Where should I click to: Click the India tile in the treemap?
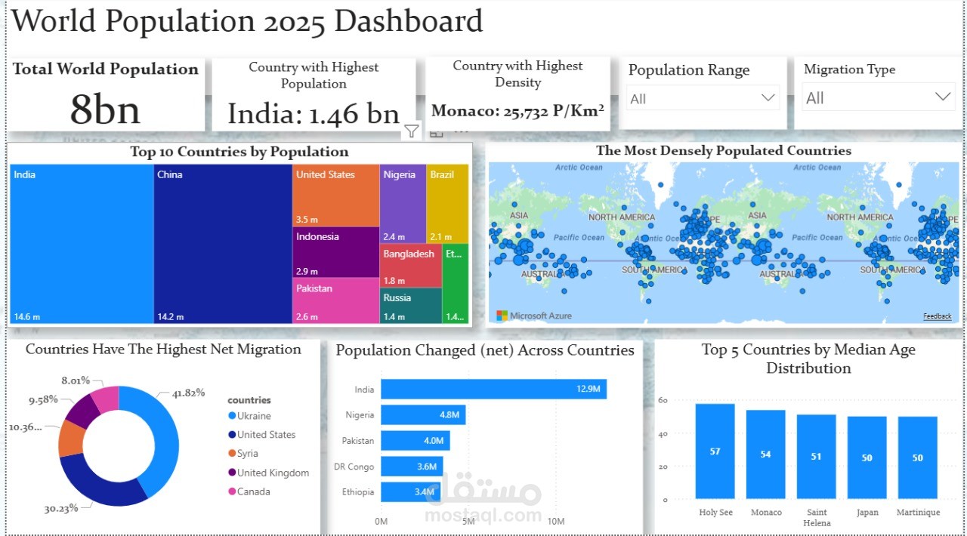(82, 243)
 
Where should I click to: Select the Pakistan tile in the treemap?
(336, 300)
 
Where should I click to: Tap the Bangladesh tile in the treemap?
(411, 266)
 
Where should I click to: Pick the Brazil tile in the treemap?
(446, 202)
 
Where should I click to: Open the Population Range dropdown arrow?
(768, 98)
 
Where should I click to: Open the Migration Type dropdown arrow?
(942, 97)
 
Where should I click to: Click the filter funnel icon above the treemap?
(411, 131)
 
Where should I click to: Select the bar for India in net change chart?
(493, 390)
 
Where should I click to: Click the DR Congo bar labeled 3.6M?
(412, 467)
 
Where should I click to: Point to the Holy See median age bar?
(715, 451)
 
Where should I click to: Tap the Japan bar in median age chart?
(867, 457)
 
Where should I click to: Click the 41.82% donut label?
(188, 393)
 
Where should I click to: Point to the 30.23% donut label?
(61, 509)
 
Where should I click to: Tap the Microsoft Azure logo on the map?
(534, 316)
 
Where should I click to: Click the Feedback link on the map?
(937, 316)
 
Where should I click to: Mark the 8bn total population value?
(105, 110)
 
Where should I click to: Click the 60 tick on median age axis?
(663, 400)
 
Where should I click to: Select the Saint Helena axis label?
(816, 517)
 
